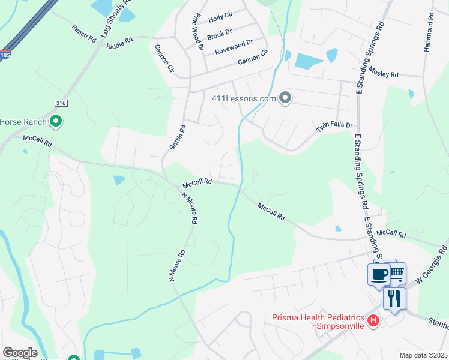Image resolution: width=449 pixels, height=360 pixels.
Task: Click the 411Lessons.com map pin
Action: [x=285, y=98]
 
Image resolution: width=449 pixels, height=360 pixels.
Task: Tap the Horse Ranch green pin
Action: [x=56, y=122]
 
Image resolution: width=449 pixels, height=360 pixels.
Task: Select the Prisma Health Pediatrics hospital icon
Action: [x=373, y=321]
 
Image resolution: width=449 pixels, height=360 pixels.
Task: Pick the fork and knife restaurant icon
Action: [x=394, y=298]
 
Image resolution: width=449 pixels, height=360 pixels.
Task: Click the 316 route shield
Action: [x=61, y=103]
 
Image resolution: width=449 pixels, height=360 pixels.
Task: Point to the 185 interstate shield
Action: [x=5, y=55]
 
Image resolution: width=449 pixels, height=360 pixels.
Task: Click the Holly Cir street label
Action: [x=220, y=19]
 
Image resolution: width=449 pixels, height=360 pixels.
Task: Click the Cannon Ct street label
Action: [x=252, y=59]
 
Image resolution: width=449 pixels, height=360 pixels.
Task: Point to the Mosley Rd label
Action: [x=384, y=74]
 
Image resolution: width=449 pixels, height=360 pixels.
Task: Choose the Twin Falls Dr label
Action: [x=334, y=127]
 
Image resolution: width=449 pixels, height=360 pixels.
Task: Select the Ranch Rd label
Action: [x=84, y=33]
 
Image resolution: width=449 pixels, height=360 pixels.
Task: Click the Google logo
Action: [x=19, y=353]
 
